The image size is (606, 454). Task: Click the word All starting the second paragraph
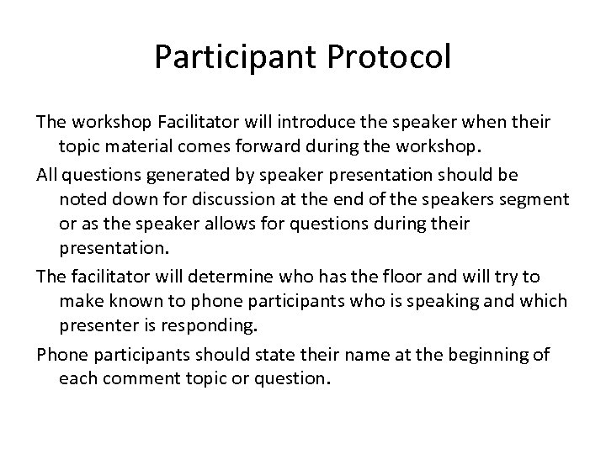tap(49, 174)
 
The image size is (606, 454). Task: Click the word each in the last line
tap(77, 379)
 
